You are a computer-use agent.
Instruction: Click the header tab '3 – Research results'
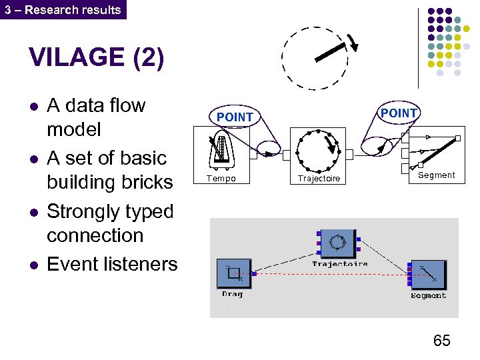63,9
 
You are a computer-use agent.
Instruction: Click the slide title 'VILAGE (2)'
96,58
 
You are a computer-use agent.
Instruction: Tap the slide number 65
441,341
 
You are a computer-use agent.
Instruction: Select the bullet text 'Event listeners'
112,264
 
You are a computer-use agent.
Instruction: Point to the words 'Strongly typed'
110,211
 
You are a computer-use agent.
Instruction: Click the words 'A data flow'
96,105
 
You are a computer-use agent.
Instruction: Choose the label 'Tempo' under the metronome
221,179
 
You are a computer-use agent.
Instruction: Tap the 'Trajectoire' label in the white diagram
319,179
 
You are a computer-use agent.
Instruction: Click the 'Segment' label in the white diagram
436,175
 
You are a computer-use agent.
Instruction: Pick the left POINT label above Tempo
235,117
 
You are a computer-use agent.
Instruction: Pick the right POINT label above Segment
398,113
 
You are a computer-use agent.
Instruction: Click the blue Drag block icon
234,273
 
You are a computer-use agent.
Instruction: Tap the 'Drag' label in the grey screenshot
233,294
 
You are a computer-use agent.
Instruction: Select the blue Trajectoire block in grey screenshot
338,243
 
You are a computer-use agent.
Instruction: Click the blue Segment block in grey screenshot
429,275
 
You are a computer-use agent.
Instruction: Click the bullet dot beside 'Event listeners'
34,265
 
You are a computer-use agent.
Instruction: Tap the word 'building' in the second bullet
77,182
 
